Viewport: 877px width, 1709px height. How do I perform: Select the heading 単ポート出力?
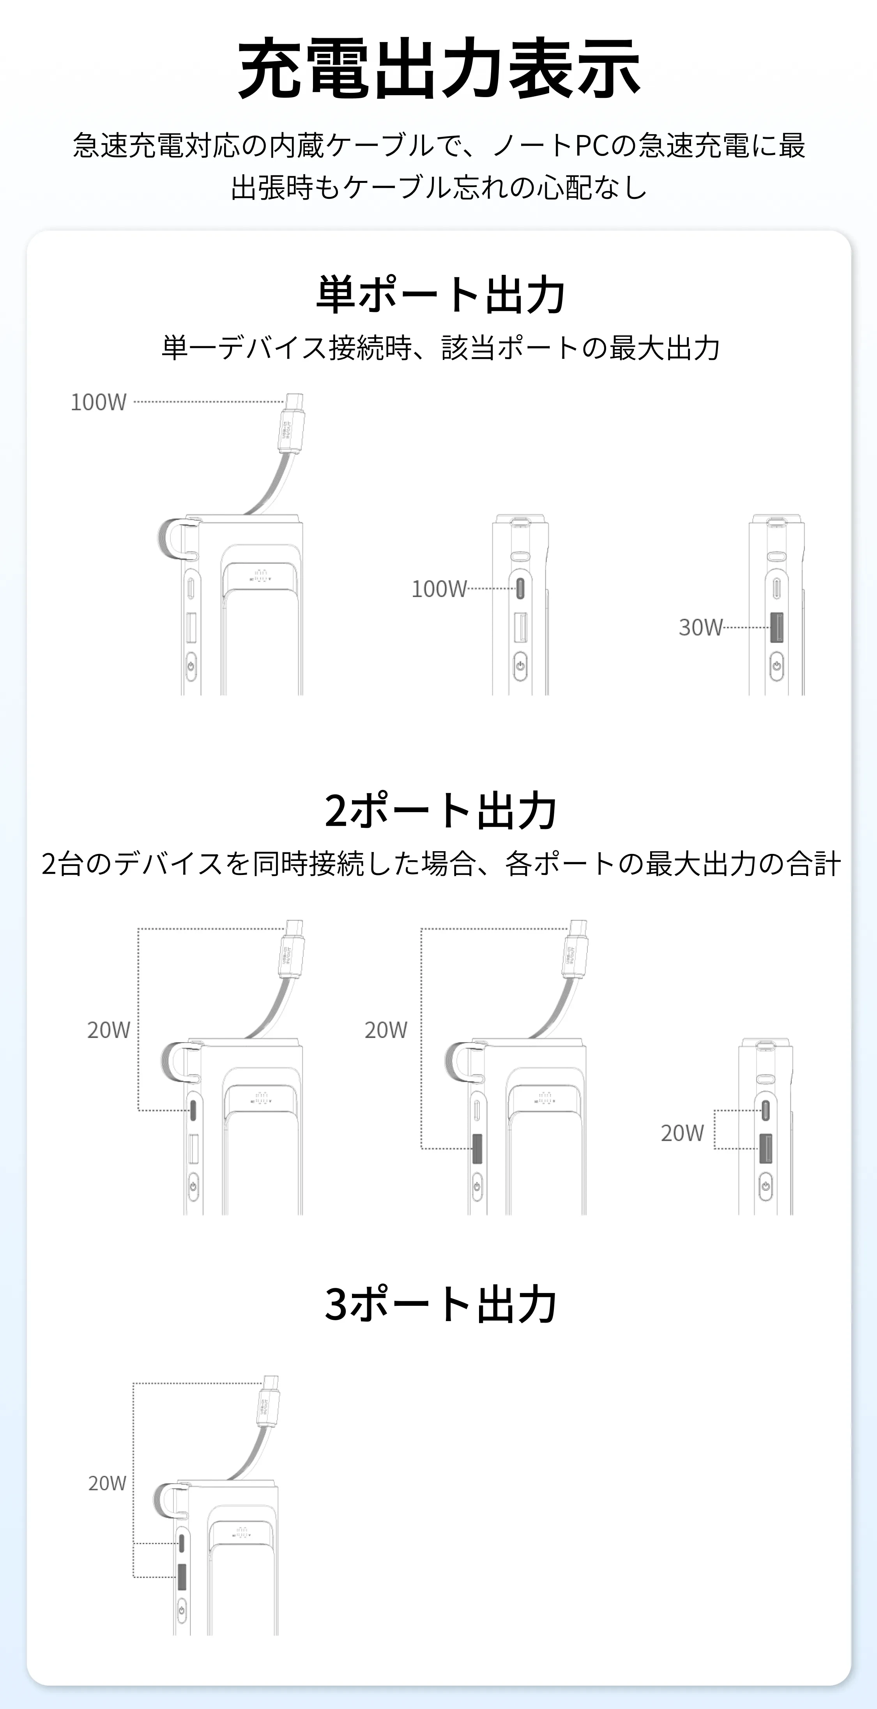pos(440,294)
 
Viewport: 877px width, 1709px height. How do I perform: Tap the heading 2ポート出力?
pos(440,810)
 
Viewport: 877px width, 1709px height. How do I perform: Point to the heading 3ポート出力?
pos(440,1303)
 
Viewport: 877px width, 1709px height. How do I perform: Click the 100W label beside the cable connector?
pos(98,402)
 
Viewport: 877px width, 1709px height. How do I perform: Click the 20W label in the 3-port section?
pos(108,1483)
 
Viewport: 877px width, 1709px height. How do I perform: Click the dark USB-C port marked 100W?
pos(520,588)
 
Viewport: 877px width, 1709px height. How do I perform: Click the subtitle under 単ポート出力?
pos(440,348)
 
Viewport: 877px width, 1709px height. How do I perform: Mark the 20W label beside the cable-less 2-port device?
pos(682,1132)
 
